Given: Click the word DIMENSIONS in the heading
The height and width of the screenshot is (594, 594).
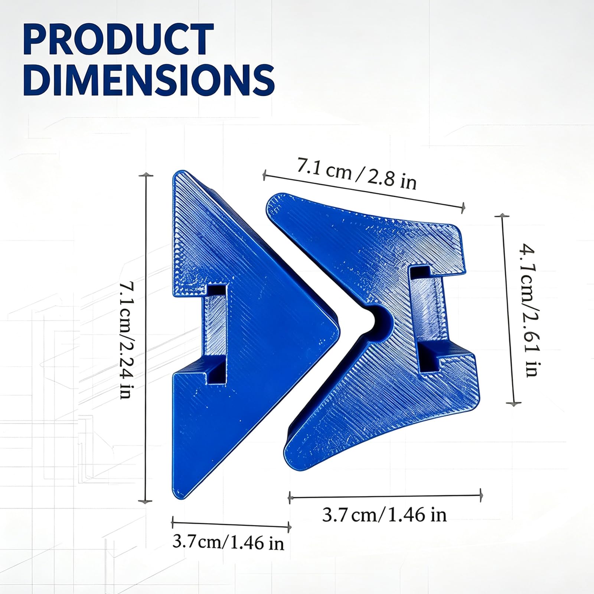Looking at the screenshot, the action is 149,80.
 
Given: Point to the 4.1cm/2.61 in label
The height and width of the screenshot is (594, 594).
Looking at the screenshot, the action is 529,310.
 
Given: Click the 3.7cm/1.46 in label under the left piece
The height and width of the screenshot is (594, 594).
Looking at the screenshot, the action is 228,543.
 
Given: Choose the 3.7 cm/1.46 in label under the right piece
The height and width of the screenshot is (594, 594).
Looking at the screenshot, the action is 384,515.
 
